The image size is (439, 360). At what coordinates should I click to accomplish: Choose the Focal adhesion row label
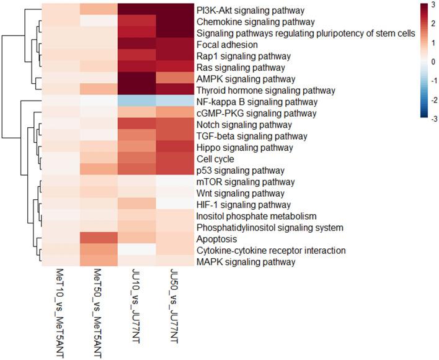pyautogui.click(x=222, y=45)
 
